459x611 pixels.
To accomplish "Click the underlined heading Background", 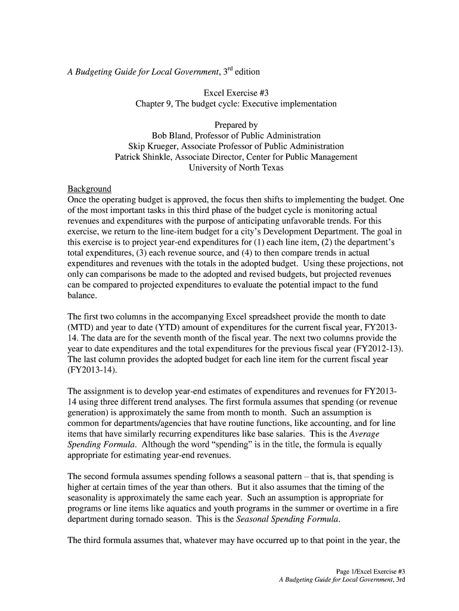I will click(89, 189).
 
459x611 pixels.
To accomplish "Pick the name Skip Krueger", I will click(153, 146).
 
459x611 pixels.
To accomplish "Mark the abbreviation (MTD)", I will click(81, 328).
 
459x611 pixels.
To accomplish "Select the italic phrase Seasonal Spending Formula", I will click(288, 519).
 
